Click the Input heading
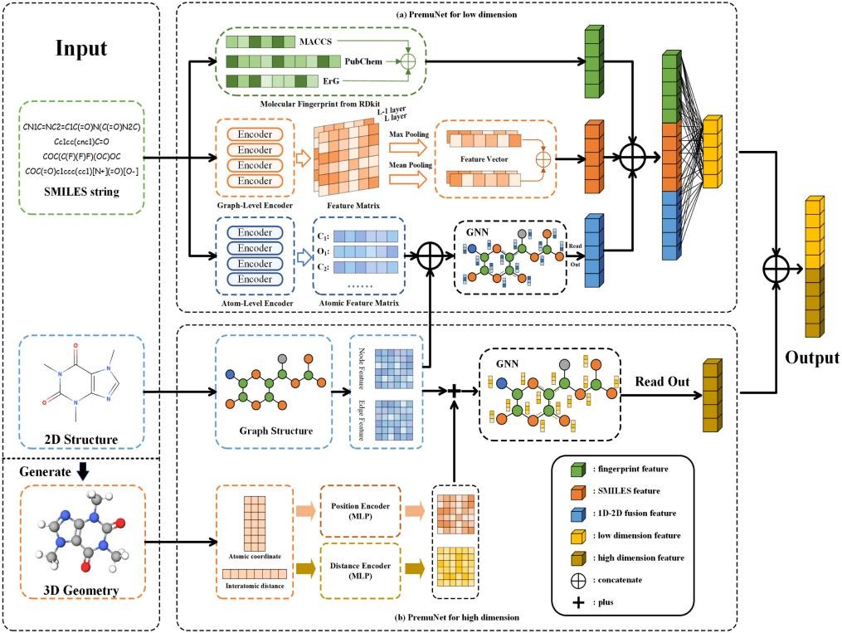[80, 48]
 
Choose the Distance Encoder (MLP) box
[359, 571]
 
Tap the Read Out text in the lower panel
[664, 382]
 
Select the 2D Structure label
[80, 439]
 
